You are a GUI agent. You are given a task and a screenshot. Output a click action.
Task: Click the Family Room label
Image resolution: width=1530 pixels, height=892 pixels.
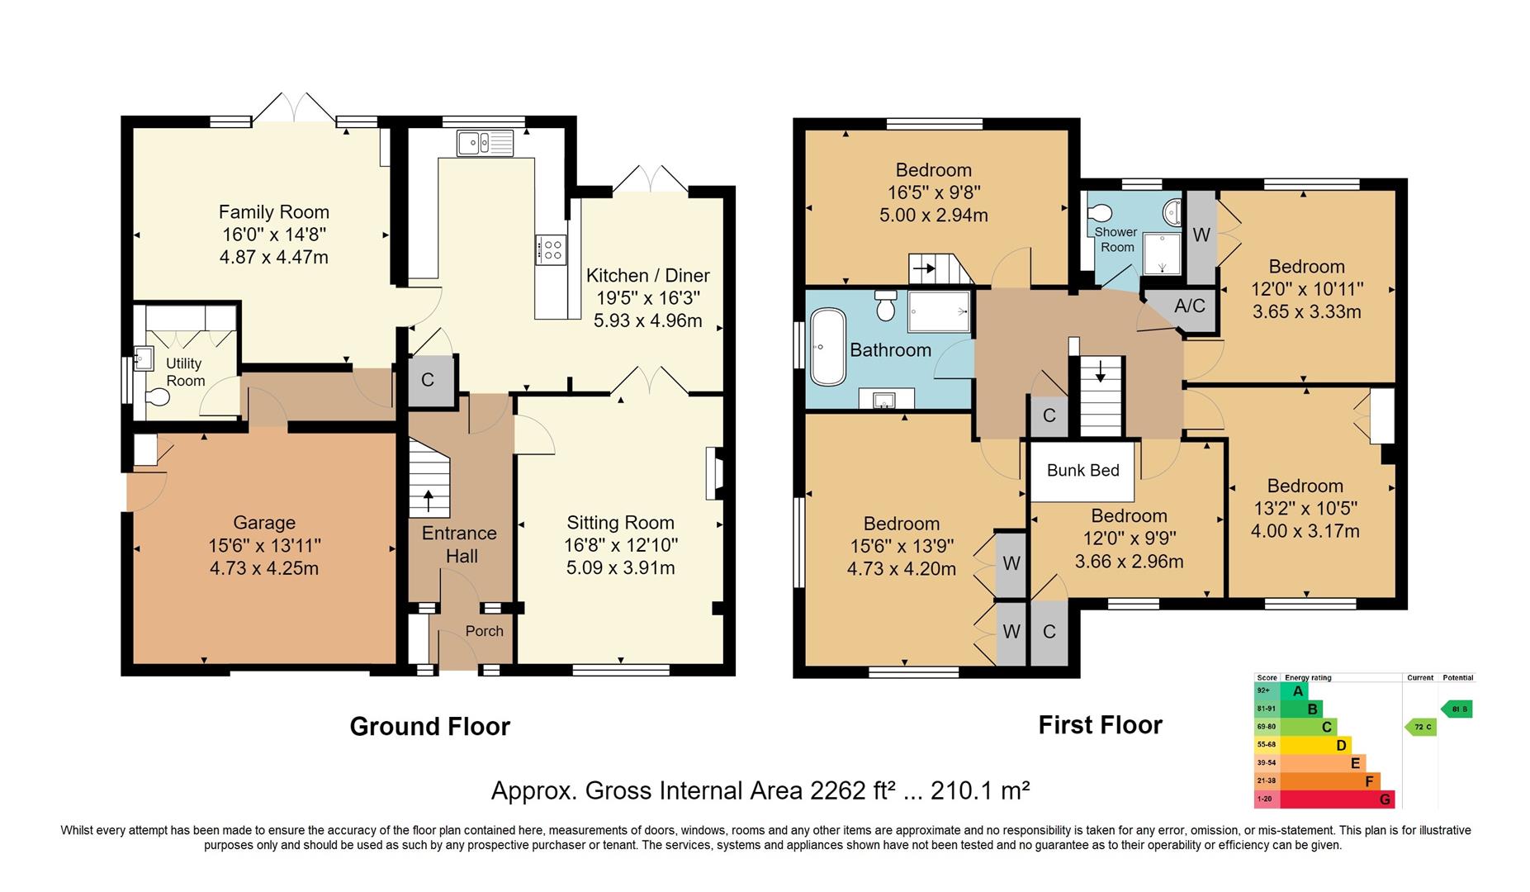click(x=273, y=212)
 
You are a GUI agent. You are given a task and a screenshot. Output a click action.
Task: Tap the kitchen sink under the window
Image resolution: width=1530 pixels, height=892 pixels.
click(x=485, y=143)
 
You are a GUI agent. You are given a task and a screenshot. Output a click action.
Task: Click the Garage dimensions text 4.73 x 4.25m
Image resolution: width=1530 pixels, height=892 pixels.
click(x=263, y=568)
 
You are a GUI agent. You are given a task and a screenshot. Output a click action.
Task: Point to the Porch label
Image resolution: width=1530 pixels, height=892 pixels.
click(x=484, y=631)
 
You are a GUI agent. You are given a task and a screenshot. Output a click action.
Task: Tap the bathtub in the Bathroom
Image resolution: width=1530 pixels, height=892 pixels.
click(x=828, y=347)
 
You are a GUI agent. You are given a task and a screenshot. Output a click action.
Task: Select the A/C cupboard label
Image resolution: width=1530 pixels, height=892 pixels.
click(x=1189, y=306)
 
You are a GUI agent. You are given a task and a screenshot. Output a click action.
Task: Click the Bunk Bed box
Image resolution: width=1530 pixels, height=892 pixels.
click(x=1082, y=471)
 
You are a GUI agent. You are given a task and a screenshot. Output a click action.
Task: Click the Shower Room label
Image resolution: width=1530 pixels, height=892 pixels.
click(x=1116, y=240)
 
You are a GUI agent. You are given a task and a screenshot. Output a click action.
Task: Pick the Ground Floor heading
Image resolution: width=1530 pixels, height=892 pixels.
click(x=429, y=726)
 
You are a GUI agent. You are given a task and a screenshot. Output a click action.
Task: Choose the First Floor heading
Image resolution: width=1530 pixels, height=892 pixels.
click(x=1100, y=725)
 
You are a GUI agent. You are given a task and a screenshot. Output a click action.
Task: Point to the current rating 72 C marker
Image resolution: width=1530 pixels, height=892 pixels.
click(x=1421, y=727)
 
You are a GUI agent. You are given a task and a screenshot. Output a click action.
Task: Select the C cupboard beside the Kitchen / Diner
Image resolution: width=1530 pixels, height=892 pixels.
click(x=428, y=381)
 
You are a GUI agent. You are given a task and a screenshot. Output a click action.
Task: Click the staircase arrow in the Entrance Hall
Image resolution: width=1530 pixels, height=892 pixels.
click(x=428, y=499)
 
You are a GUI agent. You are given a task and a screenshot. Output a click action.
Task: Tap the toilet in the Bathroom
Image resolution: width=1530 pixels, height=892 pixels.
click(x=885, y=306)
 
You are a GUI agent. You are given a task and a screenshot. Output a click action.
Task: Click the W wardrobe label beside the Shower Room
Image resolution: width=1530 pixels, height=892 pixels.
click(x=1201, y=235)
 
